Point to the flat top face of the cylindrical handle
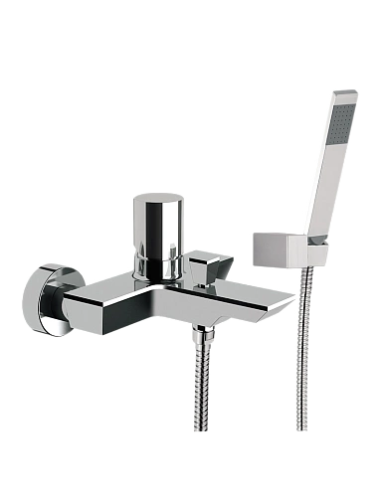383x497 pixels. pyautogui.click(x=156, y=201)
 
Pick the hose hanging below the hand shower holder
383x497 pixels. pyautogui.click(x=300, y=348)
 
